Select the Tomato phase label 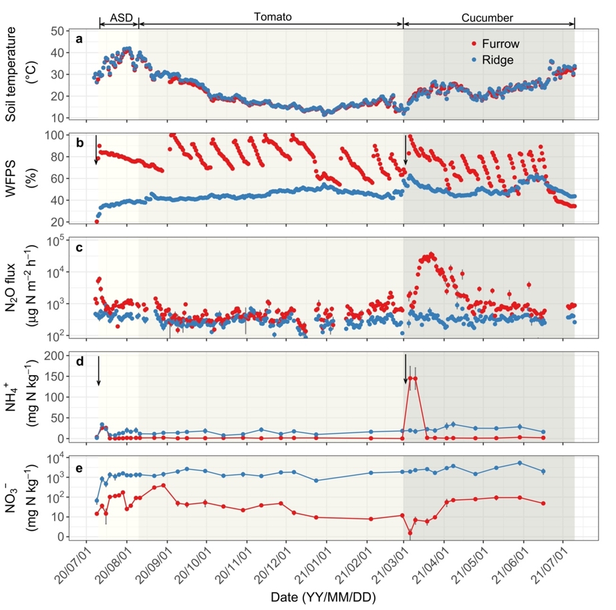[x=273, y=17]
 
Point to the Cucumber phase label [x=487, y=17]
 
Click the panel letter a [x=80, y=39]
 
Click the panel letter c [x=80, y=248]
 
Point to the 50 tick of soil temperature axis [x=57, y=31]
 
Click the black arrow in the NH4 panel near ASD [x=99, y=370]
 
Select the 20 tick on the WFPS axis [x=57, y=222]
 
